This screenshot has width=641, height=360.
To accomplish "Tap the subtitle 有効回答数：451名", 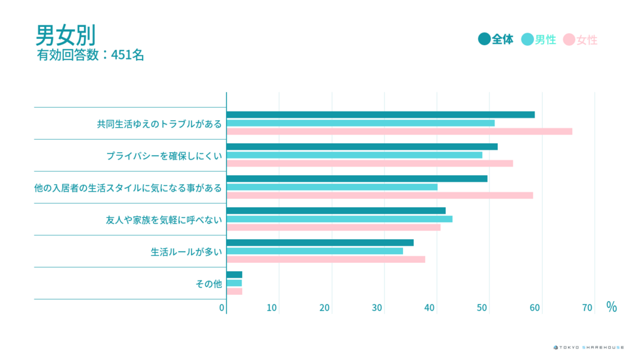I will coord(91,55).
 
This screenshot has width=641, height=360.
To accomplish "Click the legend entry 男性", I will coord(538,39).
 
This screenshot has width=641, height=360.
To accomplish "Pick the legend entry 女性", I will coord(580,40).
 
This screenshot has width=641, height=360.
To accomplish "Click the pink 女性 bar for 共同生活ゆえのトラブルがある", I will coord(399,131).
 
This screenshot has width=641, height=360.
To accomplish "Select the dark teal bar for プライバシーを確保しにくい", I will coord(362,147).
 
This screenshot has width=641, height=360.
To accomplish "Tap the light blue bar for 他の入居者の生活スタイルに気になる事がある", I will coord(332,187).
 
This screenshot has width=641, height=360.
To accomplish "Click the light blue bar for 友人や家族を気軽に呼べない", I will coord(339,219).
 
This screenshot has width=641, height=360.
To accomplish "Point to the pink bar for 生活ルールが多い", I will coord(326,259).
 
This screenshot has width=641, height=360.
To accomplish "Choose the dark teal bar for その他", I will coord(234,275).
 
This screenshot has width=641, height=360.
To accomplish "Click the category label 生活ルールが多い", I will coord(186,252).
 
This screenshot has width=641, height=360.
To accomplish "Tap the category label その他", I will coord(208,284).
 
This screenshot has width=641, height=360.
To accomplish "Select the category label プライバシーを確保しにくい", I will coord(164,155).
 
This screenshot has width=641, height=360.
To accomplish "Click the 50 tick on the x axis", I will coord(483,307).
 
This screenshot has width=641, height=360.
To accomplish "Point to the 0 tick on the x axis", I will coord(222,307).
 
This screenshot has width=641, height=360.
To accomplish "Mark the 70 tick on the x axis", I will coord(587,307).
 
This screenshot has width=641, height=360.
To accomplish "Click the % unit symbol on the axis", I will coord(611,307).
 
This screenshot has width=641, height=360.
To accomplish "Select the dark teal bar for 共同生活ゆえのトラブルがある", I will coord(381,115).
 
